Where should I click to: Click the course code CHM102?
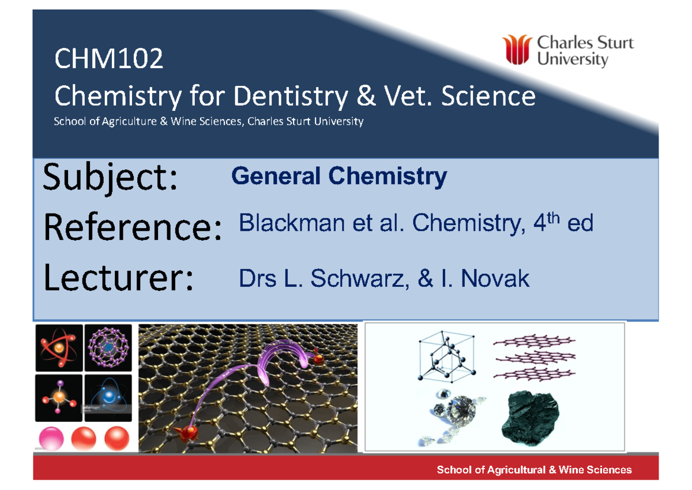[108, 59]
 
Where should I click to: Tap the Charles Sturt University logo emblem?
[517, 49]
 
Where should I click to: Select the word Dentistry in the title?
[290, 97]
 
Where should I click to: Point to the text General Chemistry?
[339, 177]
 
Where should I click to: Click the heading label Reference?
[132, 228]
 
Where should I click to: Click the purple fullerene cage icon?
[108, 347]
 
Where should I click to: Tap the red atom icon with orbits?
[58, 347]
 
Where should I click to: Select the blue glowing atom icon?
[108, 398]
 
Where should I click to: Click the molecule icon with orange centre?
[58, 398]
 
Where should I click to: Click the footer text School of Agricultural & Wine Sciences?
[534, 470]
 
